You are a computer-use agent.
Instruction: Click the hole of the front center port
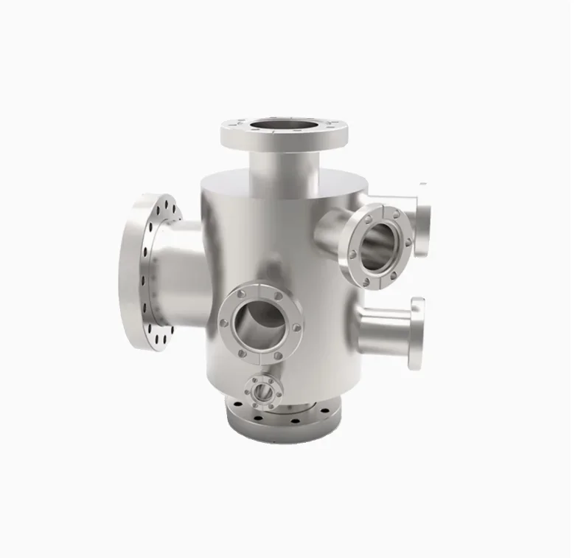click(x=257, y=325)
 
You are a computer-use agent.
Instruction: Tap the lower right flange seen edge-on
click(x=417, y=333)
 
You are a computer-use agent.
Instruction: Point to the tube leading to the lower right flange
click(x=383, y=328)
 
